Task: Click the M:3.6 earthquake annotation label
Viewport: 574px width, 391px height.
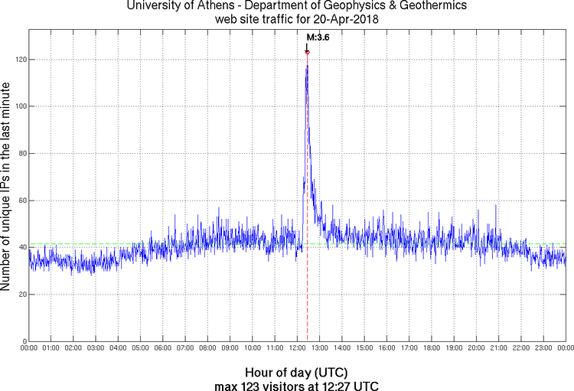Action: pos(318,37)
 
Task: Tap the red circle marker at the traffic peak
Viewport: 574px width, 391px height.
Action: pos(307,52)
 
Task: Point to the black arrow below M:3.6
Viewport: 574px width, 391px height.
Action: pos(307,45)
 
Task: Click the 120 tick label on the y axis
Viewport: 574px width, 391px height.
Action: pos(18,60)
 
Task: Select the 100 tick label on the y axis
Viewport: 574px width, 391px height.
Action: pos(18,106)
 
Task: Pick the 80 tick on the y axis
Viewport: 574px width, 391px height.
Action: pos(21,154)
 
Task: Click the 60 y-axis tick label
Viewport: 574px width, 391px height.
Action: pos(21,200)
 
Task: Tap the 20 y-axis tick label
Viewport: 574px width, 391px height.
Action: pos(21,295)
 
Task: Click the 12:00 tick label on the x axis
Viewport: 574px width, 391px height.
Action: pos(297,348)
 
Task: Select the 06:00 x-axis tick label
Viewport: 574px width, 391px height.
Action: pos(163,348)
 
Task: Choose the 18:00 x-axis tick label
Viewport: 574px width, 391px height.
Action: pos(432,348)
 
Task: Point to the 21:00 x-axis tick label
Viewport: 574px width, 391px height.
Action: pos(498,348)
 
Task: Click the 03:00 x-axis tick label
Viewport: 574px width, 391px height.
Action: pos(96,348)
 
